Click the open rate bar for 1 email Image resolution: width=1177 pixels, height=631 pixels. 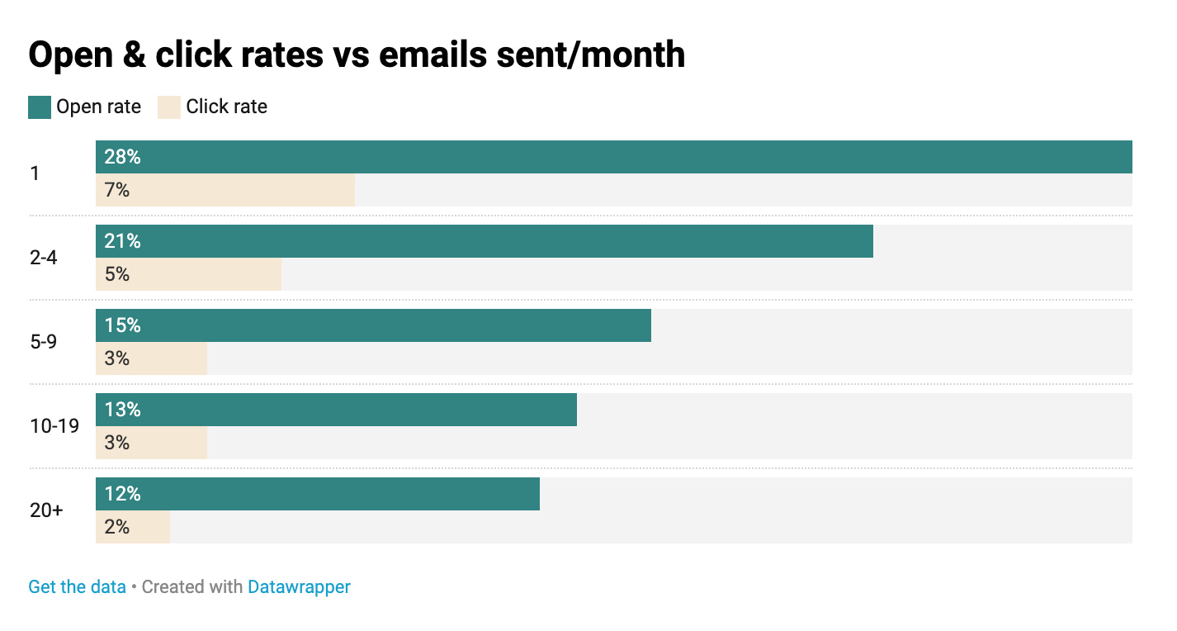[x=613, y=157]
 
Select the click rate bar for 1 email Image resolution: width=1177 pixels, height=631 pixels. [x=225, y=190]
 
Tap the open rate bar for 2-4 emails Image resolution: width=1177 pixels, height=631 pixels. [x=485, y=241]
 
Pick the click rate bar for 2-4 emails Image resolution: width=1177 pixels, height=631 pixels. [x=188, y=274]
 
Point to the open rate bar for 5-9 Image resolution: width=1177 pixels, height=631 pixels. [x=373, y=325]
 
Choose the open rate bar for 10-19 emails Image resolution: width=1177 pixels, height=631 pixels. [x=336, y=410]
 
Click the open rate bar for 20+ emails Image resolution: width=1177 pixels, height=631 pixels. [x=318, y=494]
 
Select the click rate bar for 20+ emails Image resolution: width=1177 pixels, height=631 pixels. [x=133, y=527]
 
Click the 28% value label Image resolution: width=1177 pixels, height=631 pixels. [x=122, y=157]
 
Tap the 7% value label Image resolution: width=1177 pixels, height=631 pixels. [x=117, y=190]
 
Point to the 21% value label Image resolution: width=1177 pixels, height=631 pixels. [x=122, y=241]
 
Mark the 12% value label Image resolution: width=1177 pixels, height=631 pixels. [x=122, y=494]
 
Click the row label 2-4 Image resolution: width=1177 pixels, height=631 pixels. [x=44, y=258]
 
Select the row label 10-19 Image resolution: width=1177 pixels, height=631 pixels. [x=54, y=426]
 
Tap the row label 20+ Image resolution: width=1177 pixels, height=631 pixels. [x=46, y=510]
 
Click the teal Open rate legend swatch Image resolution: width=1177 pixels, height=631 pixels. [x=40, y=107]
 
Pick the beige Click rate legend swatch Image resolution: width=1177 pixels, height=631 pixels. [x=169, y=107]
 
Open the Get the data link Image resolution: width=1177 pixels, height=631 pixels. [x=77, y=587]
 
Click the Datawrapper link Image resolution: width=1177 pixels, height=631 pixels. [x=299, y=587]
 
